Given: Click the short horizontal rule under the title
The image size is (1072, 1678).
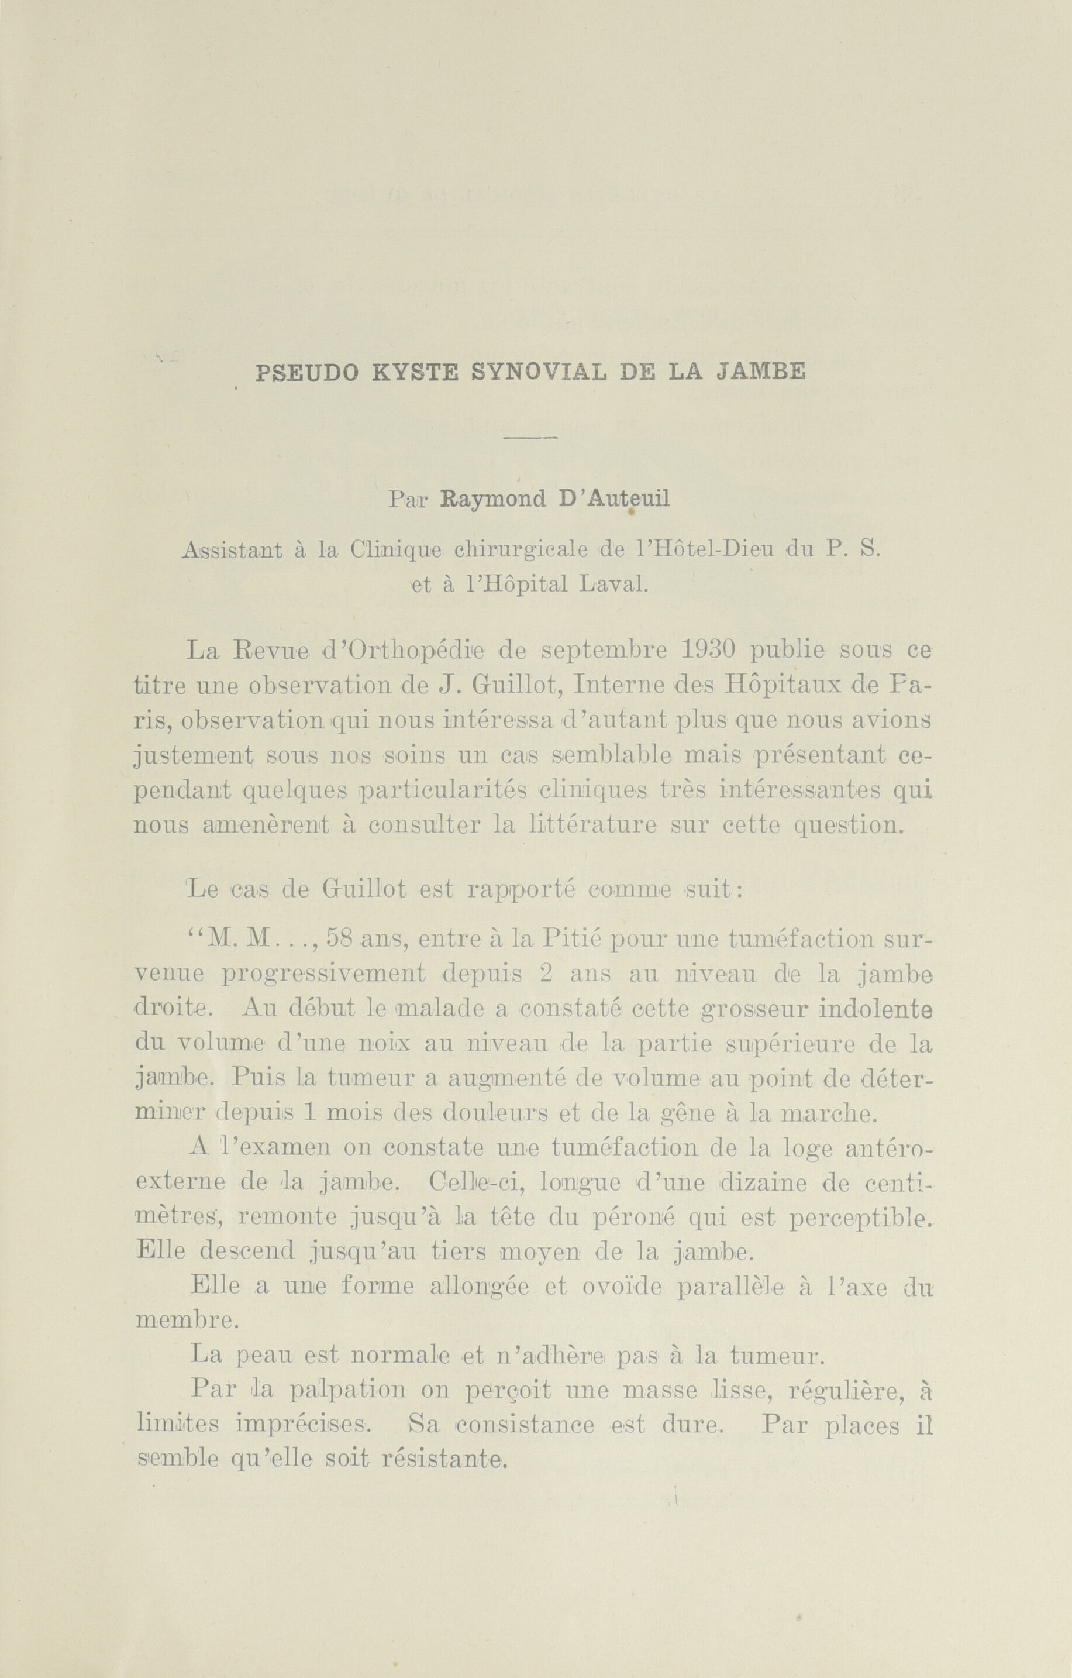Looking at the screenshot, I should (x=529, y=438).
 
